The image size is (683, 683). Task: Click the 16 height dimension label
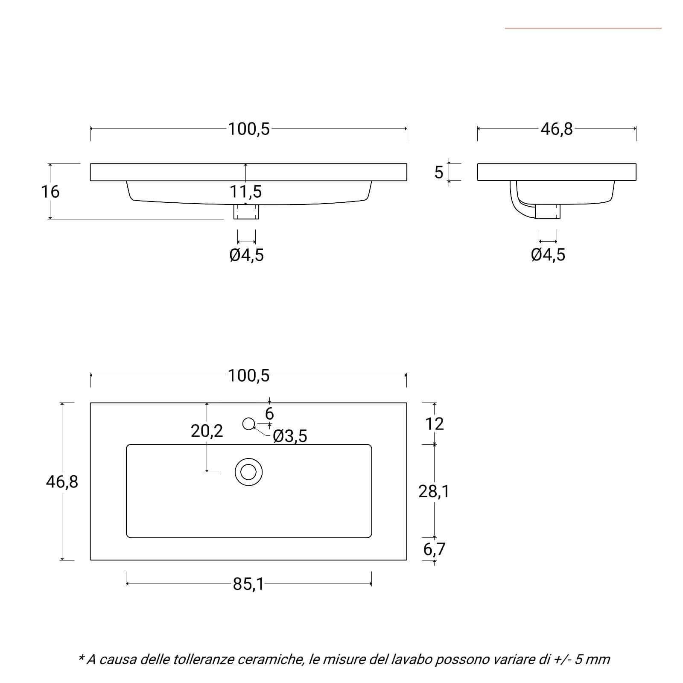point(50,192)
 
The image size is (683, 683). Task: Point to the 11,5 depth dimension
point(246,192)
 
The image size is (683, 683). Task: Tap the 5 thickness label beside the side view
point(439,172)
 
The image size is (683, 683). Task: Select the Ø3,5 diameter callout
point(290,436)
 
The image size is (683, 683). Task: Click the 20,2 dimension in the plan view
point(207,431)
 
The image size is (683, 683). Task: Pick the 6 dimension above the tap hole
point(269,414)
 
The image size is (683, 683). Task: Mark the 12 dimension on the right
point(435,424)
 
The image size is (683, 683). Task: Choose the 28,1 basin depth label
point(434,492)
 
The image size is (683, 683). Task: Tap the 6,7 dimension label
point(434,549)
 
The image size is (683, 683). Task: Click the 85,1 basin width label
point(248,584)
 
